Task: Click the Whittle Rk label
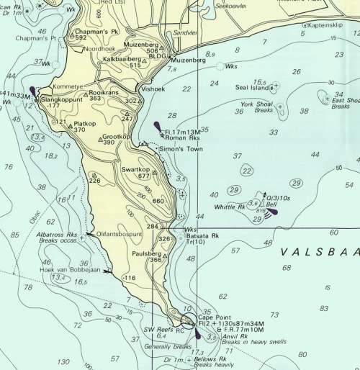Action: coord(230,207)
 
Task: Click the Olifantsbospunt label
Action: coord(120,234)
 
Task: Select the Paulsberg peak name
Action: coord(147,253)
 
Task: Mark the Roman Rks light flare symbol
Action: coord(157,128)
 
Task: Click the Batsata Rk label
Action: coord(203,236)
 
